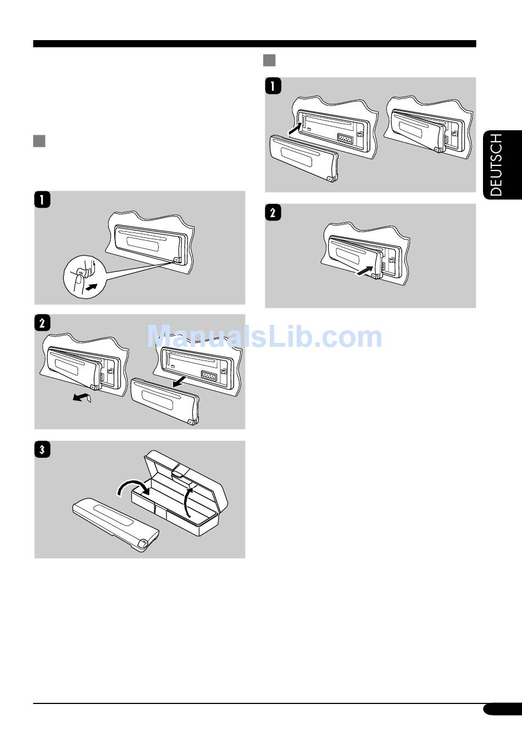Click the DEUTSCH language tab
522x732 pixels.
coord(502,165)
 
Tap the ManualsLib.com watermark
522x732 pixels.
coord(265,336)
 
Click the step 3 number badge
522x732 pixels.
coord(42,450)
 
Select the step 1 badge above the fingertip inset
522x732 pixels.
coord(42,199)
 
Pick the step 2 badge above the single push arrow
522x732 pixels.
coord(273,213)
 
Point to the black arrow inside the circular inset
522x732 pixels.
coord(91,287)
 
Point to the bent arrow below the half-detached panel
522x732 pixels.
coord(82,397)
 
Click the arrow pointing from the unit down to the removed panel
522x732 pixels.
coord(179,381)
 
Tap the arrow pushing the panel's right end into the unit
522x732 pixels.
coord(364,271)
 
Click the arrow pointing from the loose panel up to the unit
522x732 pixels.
coord(295,129)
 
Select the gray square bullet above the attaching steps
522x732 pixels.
coord(269,60)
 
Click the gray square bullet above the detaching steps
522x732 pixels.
coord(39,141)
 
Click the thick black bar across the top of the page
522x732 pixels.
coord(254,44)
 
